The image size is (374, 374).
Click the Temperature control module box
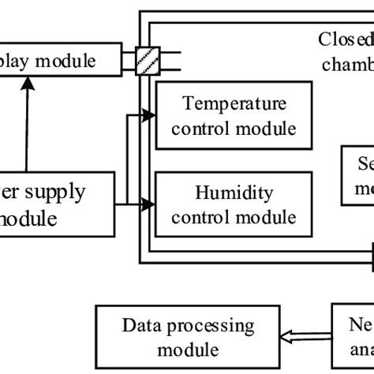coord(227,114)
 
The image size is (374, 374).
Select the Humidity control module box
coord(227,204)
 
